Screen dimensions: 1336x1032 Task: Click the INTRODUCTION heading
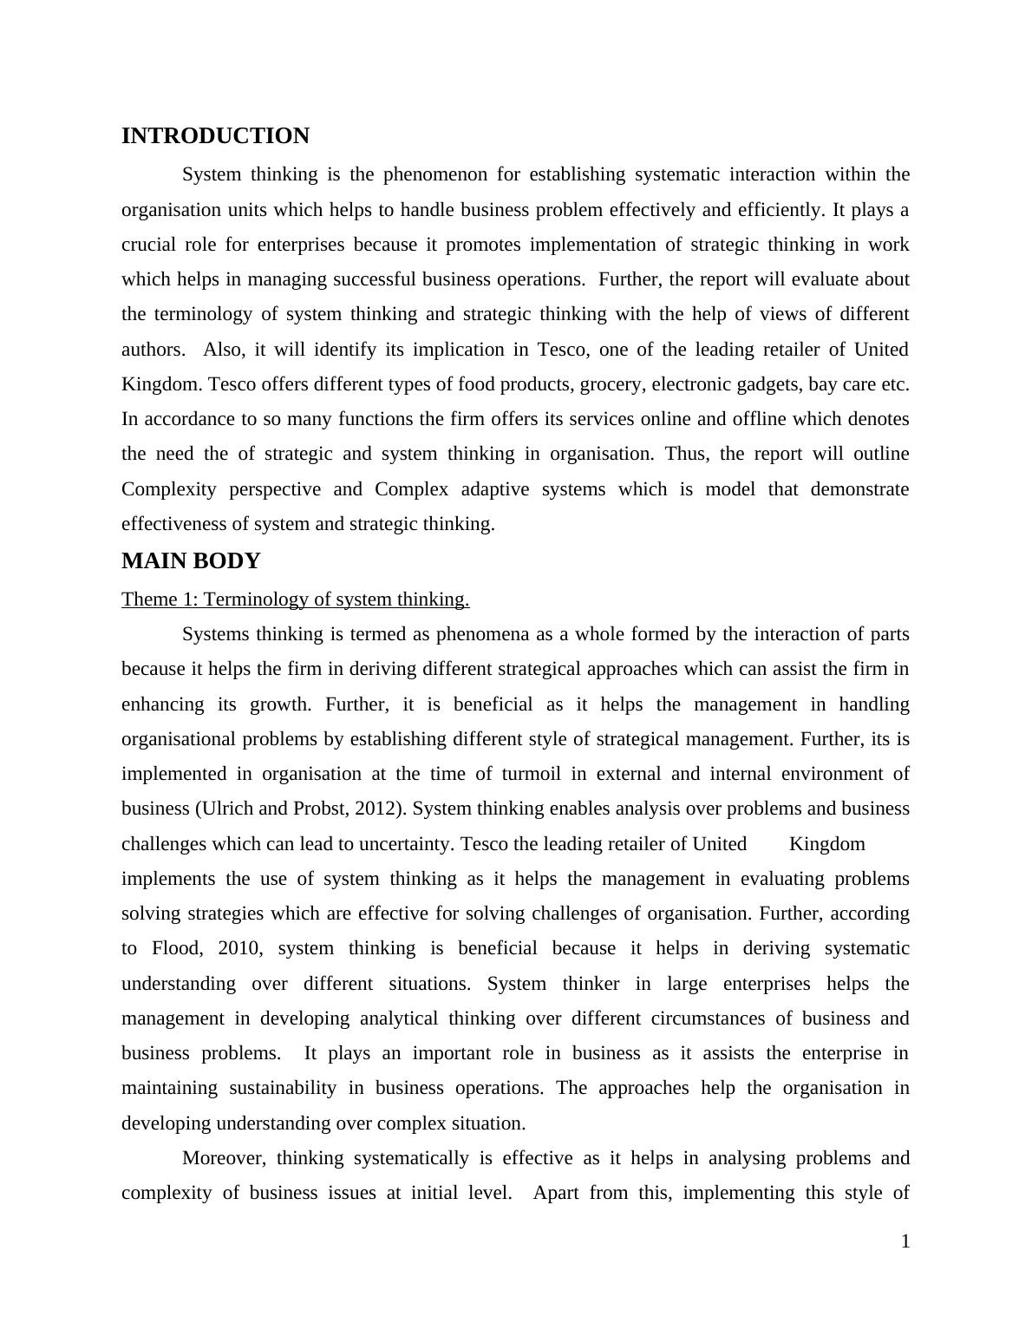tap(215, 136)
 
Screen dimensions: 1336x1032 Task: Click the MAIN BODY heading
tap(191, 561)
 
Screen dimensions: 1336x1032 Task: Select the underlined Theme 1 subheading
tap(295, 599)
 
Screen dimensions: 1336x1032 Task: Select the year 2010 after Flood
tap(238, 948)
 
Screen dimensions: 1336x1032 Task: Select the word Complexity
tap(168, 489)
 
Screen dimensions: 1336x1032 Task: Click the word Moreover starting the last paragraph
tap(224, 1158)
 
